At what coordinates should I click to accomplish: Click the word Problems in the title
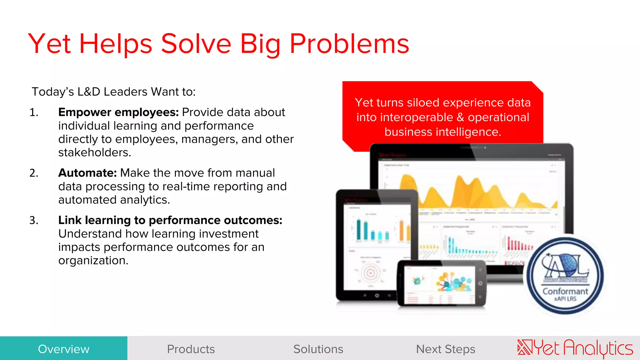pyautogui.click(x=349, y=44)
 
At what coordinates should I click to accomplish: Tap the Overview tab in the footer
pyautogui.click(x=64, y=349)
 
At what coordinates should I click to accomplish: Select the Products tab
pyautogui.click(x=191, y=349)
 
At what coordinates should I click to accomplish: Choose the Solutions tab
pyautogui.click(x=318, y=349)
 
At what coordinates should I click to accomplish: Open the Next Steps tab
pyautogui.click(x=446, y=349)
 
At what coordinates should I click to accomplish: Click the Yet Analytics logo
pyautogui.click(x=575, y=348)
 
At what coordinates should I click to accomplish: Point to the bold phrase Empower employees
pyautogui.click(x=118, y=112)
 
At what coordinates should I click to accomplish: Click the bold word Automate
pyautogui.click(x=87, y=173)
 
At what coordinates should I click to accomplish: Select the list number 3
pyautogui.click(x=33, y=220)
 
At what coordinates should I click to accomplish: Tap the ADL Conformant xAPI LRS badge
pyautogui.click(x=565, y=276)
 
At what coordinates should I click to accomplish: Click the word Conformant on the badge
pyautogui.click(x=565, y=291)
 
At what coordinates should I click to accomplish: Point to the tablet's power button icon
pyautogui.click(x=377, y=295)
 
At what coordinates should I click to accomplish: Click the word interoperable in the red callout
pyautogui.click(x=416, y=117)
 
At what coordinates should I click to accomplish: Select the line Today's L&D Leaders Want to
pyautogui.click(x=114, y=92)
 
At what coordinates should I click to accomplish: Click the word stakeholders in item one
pyautogui.click(x=94, y=152)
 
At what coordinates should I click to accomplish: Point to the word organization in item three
pyautogui.click(x=93, y=260)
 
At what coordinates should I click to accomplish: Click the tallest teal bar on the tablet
pyautogui.click(x=358, y=230)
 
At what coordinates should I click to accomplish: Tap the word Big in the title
pyautogui.click(x=260, y=44)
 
